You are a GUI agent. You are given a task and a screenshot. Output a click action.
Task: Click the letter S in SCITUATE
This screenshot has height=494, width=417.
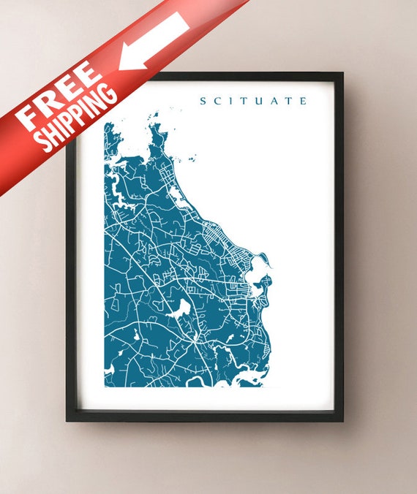click(203, 101)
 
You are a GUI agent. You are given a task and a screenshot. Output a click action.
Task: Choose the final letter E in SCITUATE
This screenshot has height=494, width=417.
click(303, 101)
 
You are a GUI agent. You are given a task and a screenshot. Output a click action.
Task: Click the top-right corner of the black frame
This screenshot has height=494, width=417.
click(342, 73)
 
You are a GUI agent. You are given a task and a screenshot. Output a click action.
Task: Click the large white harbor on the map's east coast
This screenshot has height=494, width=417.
click(258, 275)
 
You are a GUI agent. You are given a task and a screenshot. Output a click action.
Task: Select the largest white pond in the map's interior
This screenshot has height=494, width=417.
click(179, 308)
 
